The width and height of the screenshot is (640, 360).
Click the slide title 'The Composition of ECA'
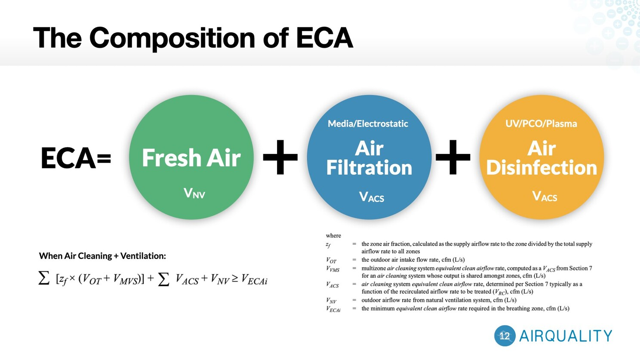(193, 38)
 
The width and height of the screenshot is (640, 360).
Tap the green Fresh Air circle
(191, 157)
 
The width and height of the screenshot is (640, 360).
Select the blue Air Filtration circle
(369, 157)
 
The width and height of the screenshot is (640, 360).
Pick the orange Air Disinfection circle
(542, 157)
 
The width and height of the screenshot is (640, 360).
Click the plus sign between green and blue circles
(280, 157)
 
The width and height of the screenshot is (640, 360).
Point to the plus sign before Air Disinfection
(453, 157)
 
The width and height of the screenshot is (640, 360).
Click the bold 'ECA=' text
(76, 158)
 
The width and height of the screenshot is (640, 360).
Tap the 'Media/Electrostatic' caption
(368, 124)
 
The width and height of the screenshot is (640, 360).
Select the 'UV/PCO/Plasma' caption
(541, 124)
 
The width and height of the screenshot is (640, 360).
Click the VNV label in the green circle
(194, 193)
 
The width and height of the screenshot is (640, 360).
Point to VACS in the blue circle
(372, 197)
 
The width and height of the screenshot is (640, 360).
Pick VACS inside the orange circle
(545, 196)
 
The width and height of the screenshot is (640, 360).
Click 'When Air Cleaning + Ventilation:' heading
(102, 256)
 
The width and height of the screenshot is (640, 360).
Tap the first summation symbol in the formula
(44, 278)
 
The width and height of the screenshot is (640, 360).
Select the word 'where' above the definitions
(333, 235)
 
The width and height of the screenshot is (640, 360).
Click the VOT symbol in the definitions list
(331, 260)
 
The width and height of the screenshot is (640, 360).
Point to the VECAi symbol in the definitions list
(333, 309)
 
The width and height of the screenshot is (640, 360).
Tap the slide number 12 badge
(505, 336)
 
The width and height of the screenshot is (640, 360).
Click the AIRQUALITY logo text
(566, 336)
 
